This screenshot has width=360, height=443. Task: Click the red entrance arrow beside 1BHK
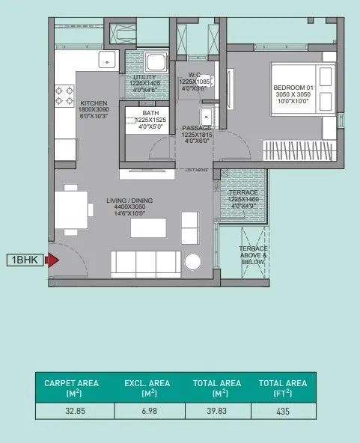coord(52,260)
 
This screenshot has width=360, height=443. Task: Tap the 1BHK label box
coord(25,260)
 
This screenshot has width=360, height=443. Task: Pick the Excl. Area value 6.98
coord(148,411)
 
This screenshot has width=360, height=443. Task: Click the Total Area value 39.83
coord(218,411)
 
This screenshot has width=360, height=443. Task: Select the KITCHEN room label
coord(94,103)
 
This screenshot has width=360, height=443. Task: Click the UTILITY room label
coord(144,78)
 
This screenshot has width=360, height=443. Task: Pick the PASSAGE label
coord(197,128)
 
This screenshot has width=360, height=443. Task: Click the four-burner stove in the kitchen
coord(63,94)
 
